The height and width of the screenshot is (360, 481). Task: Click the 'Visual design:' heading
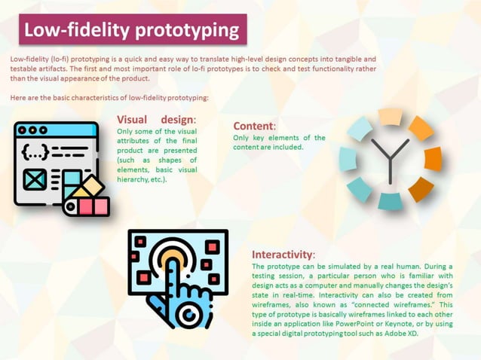point(156,120)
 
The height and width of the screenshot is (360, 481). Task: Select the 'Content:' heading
point(254,126)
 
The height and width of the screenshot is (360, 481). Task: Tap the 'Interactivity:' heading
point(283,255)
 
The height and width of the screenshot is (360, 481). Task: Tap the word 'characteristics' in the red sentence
point(108,97)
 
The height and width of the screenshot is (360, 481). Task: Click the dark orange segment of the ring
point(420,188)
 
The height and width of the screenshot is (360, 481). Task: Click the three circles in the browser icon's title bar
point(32,130)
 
